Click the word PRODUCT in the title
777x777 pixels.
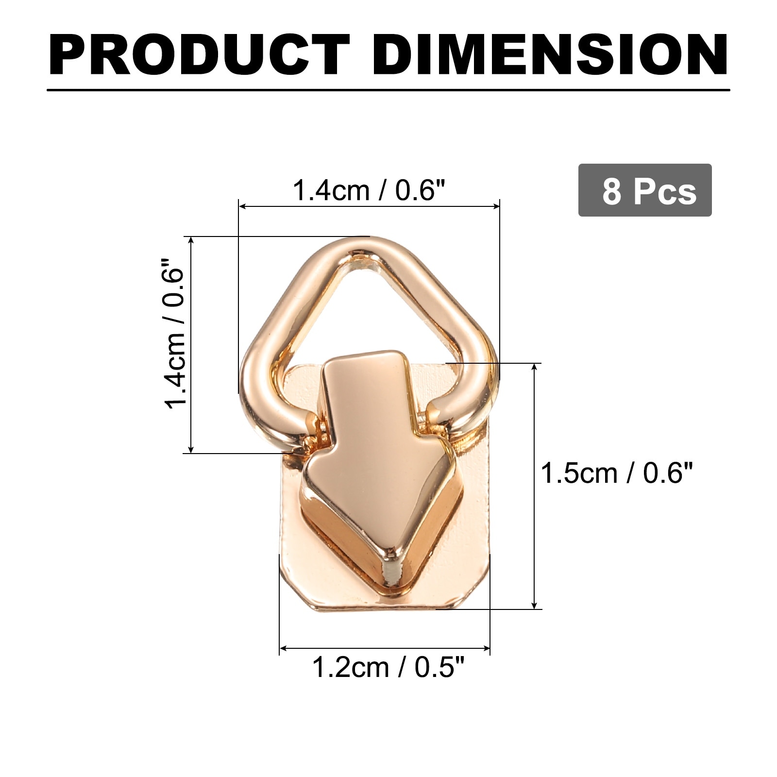[199, 55]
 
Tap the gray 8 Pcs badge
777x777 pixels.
[645, 190]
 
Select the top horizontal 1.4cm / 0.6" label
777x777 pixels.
[369, 190]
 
